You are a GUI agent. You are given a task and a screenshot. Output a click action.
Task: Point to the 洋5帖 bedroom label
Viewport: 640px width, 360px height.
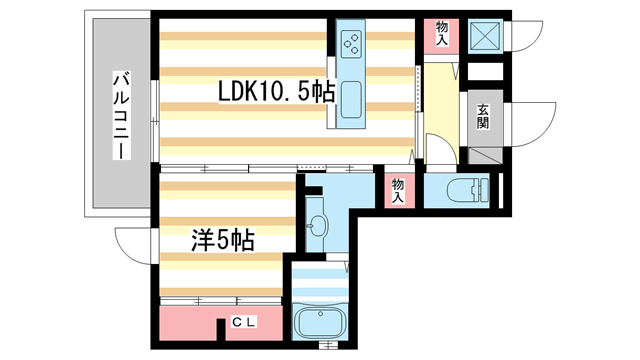[x=223, y=240]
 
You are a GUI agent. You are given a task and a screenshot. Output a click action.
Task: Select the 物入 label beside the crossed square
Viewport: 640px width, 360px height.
[x=442, y=32]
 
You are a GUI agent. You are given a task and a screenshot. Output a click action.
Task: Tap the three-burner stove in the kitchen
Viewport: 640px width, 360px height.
[x=354, y=43]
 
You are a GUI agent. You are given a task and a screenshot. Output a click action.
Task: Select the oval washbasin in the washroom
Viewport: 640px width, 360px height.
[x=317, y=223]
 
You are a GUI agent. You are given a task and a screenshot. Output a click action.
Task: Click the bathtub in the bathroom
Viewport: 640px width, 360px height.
[x=322, y=323]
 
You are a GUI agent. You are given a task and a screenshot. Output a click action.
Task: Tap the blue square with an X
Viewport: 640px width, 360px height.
[x=485, y=37]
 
